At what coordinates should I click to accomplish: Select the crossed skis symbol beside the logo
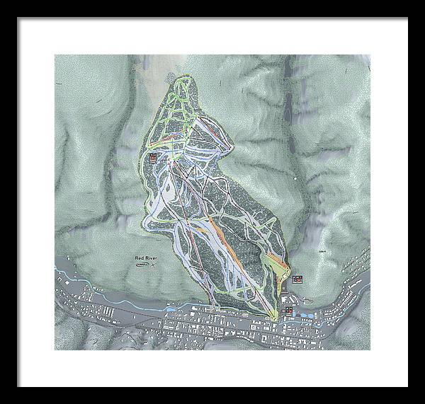(154, 267)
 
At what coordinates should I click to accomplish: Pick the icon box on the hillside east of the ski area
(297, 279)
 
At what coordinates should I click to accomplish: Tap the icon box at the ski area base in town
(288, 310)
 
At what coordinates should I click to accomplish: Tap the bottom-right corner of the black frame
(407, 386)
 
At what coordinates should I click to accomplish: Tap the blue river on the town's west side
(106, 301)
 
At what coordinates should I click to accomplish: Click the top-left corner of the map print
(55, 54)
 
